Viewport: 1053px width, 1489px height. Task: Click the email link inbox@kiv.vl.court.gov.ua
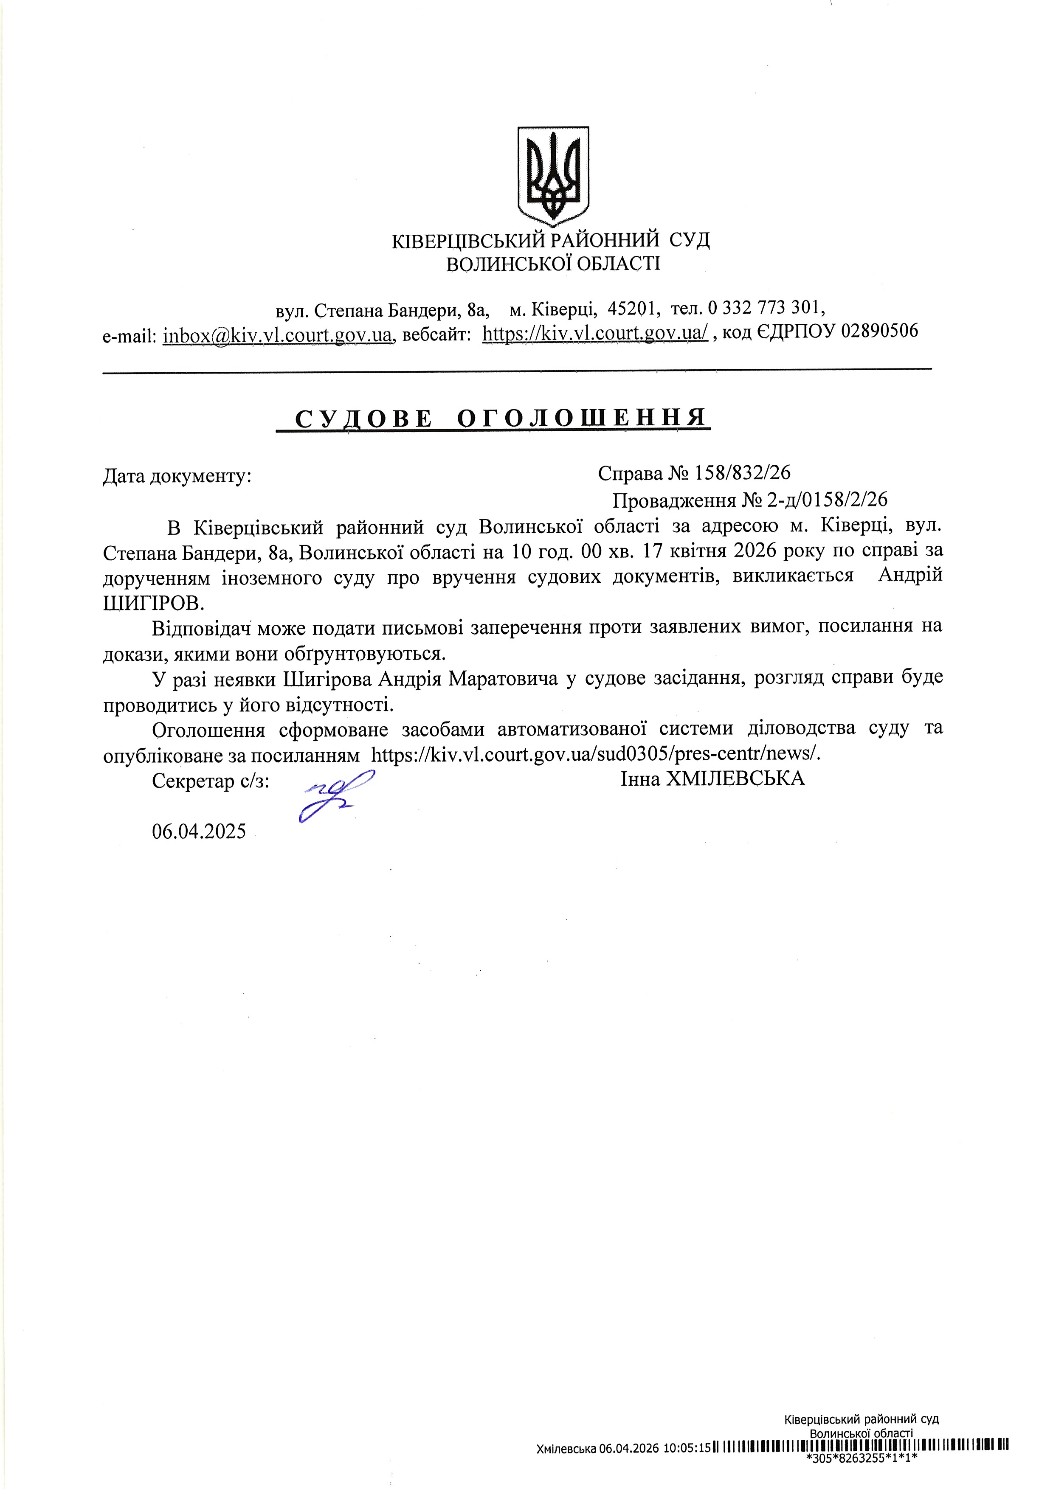tap(278, 334)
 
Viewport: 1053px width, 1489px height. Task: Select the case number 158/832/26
tap(742, 473)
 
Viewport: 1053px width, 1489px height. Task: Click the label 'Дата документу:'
tap(177, 477)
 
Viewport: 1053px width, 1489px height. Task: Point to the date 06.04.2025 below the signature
tap(199, 832)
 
